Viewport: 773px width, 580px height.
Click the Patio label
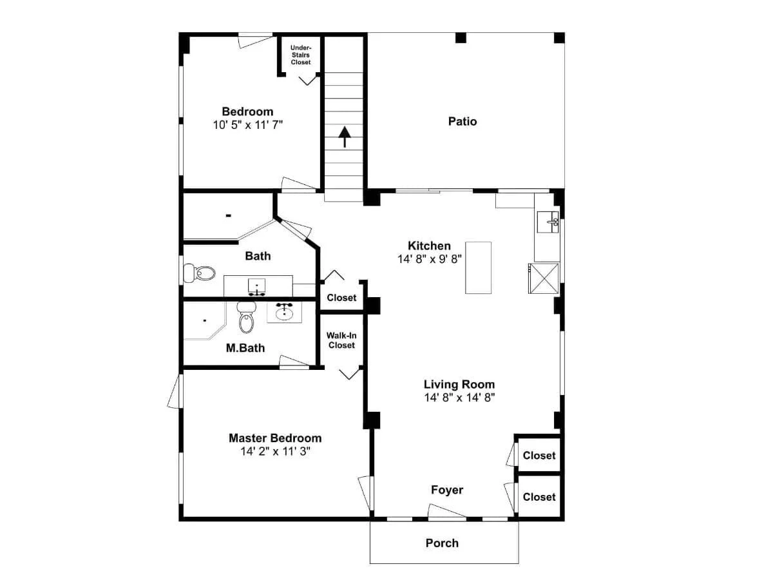click(x=463, y=122)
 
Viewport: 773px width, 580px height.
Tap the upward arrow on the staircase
click(x=345, y=137)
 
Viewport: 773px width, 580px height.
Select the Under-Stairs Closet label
click(x=301, y=55)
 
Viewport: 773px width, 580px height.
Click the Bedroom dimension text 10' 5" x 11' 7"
click(x=248, y=124)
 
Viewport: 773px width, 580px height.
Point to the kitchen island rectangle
click(x=478, y=267)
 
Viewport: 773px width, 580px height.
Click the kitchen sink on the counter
click(x=548, y=222)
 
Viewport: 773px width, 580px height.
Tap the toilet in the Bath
click(x=199, y=273)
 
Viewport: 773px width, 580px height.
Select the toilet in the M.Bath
click(x=246, y=317)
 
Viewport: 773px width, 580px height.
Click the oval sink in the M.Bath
click(x=284, y=312)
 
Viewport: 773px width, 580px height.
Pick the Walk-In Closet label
click(x=341, y=340)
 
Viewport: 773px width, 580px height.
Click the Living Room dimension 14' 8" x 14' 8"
click(x=459, y=398)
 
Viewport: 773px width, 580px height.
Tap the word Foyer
click(x=447, y=490)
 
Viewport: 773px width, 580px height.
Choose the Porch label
click(x=442, y=543)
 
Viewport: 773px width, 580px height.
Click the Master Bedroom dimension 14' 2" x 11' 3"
click(x=276, y=451)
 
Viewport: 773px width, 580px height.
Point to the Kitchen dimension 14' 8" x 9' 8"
click(x=429, y=259)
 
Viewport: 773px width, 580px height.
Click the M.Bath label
click(x=245, y=348)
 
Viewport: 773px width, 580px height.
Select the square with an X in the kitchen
click(x=544, y=278)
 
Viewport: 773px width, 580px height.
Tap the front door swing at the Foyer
click(x=447, y=511)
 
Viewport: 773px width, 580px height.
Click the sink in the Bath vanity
click(x=257, y=286)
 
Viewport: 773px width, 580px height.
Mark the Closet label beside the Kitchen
click(x=341, y=298)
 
